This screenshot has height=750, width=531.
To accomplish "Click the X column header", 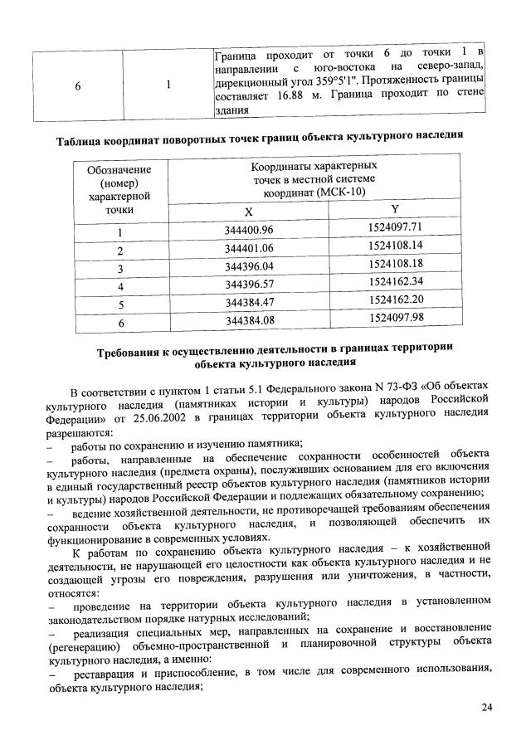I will [249, 212].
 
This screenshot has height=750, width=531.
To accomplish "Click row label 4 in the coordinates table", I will [119, 285].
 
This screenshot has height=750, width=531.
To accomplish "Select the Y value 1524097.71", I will [396, 227].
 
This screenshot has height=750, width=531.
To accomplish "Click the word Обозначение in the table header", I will [119, 170].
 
